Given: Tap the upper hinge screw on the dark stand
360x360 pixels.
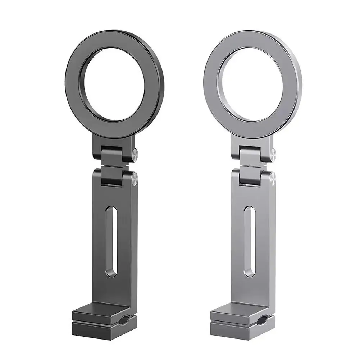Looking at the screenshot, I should pyautogui.click(x=134, y=156).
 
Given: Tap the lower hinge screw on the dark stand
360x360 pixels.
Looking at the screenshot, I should pyautogui.click(x=134, y=179).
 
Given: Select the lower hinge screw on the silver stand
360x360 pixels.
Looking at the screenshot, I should pyautogui.click(x=272, y=179).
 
